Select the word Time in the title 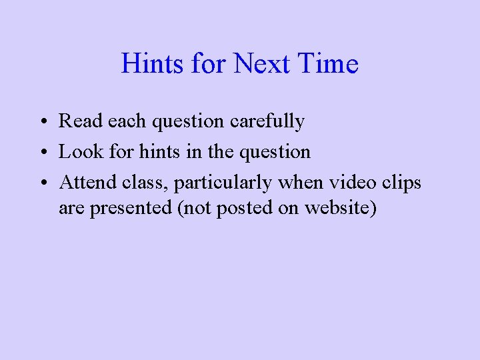click(329, 64)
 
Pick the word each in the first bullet click(123, 121)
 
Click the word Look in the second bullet click(79, 151)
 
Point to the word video click(347, 182)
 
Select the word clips click(400, 182)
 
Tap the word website click(339, 208)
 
